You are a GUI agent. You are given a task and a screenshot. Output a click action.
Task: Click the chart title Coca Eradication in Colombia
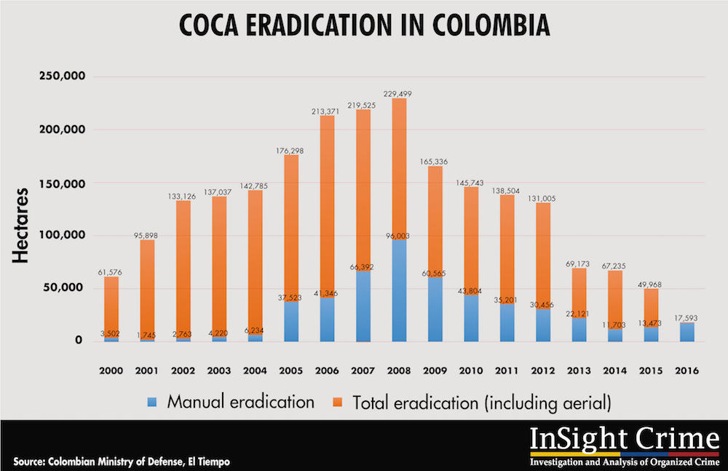pos(364,27)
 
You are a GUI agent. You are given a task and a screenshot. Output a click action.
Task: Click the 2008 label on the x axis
pos(398,371)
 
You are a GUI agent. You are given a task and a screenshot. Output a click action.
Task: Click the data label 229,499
pos(398,94)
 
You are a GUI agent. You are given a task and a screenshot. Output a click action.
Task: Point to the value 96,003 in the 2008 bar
pos(398,235)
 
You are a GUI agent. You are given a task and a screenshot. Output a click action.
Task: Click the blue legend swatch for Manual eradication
pos(151,401)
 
